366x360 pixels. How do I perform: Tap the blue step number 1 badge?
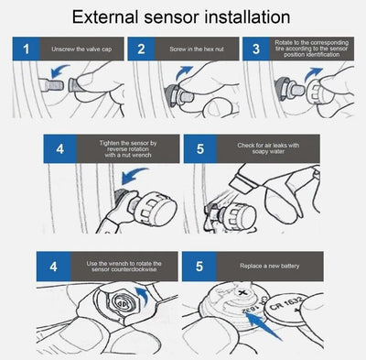(x=27, y=49)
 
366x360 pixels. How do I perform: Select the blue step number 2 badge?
(x=140, y=49)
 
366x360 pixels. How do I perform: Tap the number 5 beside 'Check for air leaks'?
(x=199, y=148)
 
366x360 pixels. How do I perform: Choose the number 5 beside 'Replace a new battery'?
(x=199, y=267)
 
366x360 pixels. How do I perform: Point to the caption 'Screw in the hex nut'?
(x=192, y=49)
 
